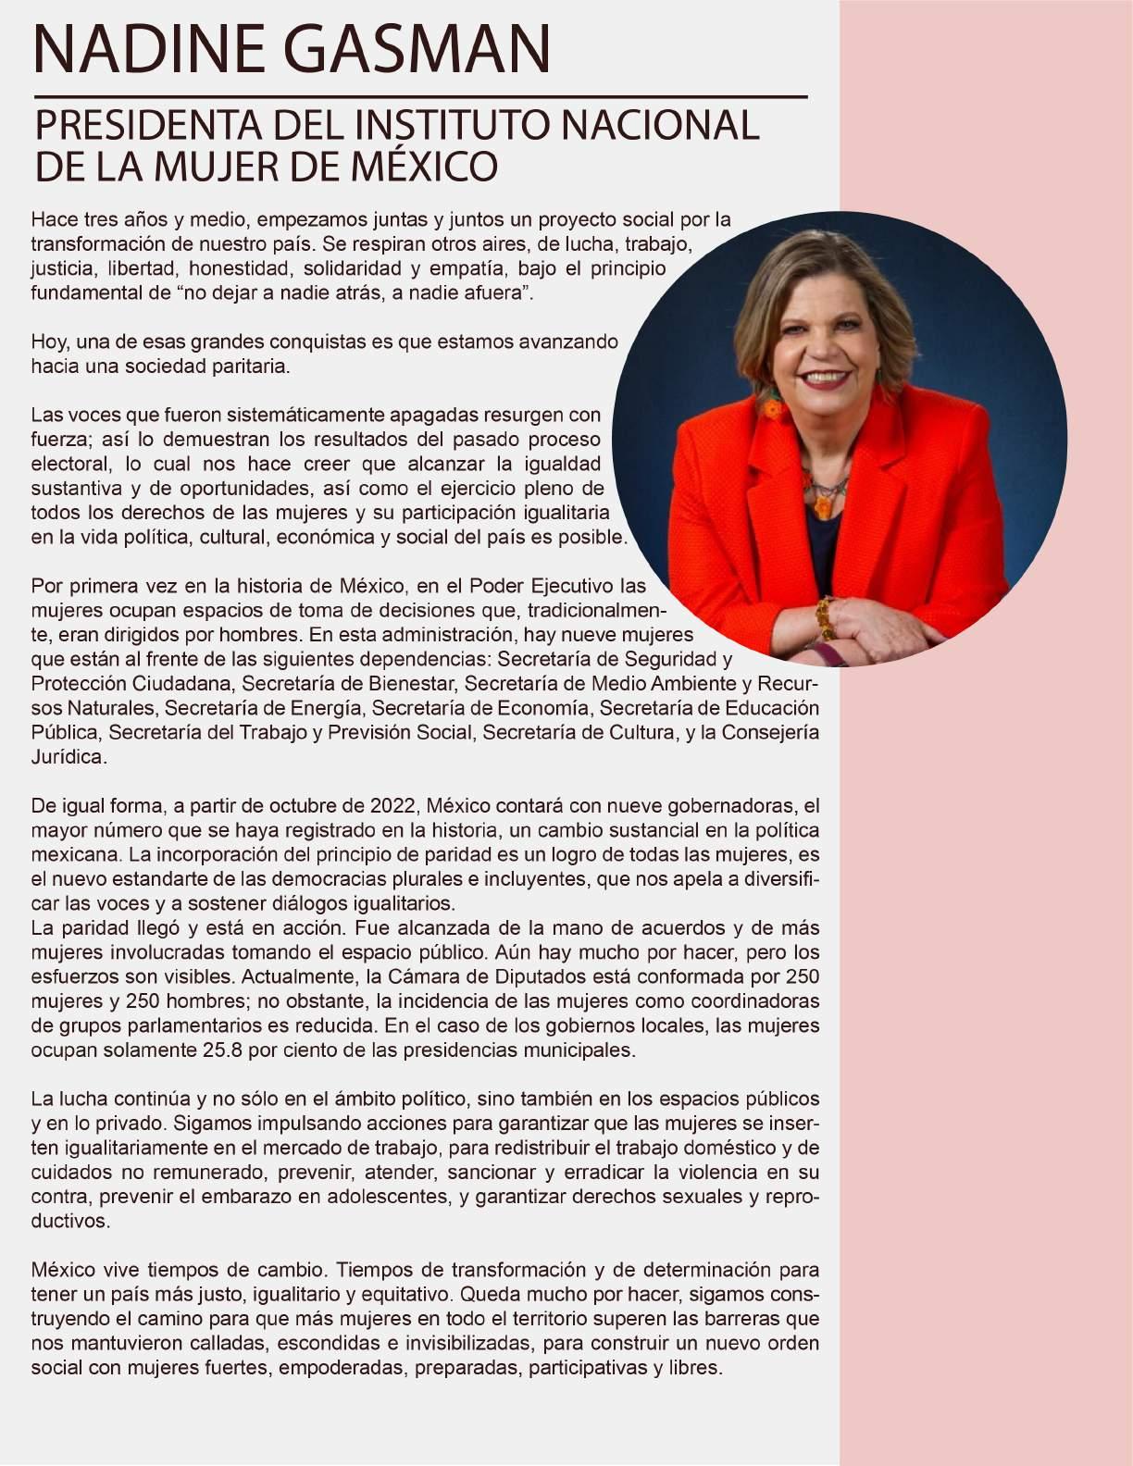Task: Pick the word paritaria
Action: (250, 366)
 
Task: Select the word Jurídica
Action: (68, 757)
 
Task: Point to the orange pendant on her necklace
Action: (822, 505)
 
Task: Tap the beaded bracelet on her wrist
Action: (823, 616)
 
